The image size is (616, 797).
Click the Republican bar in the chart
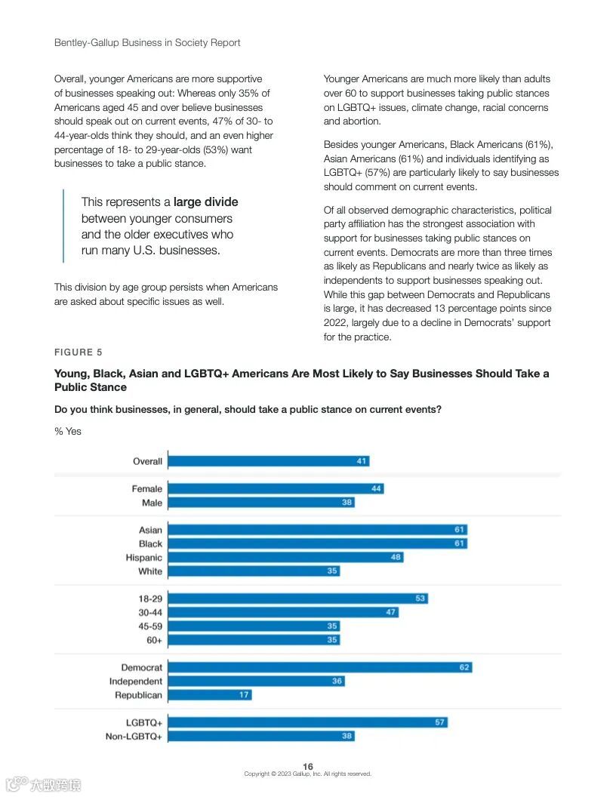[x=210, y=694]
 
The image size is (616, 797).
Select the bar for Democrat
[x=319, y=667]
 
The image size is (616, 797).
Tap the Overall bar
[x=268, y=461]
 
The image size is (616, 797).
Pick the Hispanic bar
[x=285, y=557]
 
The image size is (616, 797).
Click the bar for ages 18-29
[x=297, y=599]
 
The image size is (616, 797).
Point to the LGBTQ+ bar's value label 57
[x=440, y=722]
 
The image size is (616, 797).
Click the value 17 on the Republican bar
[x=245, y=694]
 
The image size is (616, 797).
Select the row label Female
[x=147, y=489]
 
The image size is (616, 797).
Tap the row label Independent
[x=136, y=681]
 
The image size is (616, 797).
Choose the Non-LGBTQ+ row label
[x=134, y=736]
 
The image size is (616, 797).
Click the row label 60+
[x=155, y=640]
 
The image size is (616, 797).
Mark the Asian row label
[x=151, y=530]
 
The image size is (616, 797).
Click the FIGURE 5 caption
[x=79, y=352]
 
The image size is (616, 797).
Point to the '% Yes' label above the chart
[x=68, y=432]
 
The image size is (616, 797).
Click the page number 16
[x=308, y=767]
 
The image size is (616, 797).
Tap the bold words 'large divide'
[x=205, y=202]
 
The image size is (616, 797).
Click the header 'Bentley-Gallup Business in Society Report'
[x=147, y=43]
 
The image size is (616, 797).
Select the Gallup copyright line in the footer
[x=308, y=774]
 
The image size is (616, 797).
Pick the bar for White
[x=254, y=571]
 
